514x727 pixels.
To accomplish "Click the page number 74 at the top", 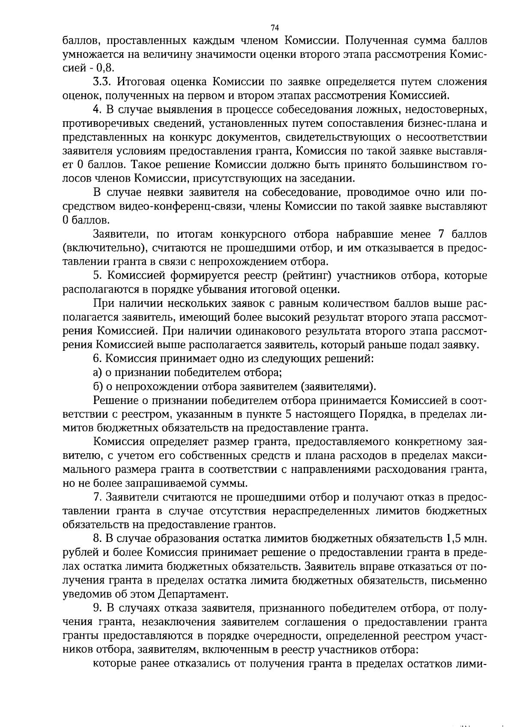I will point(275,28).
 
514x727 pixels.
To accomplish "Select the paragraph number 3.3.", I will point(102,82).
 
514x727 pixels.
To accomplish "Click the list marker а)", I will point(97,373).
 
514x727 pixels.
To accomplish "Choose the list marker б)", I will point(97,386).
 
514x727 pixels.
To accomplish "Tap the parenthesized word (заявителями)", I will point(339,386).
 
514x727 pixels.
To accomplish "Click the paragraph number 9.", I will point(96,608).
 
